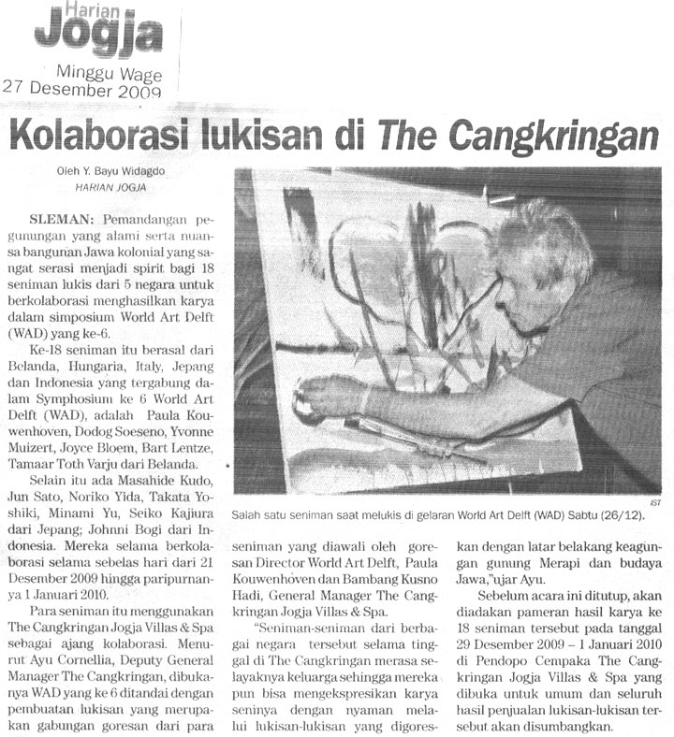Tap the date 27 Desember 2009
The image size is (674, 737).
click(83, 90)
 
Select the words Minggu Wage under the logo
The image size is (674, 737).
click(110, 73)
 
